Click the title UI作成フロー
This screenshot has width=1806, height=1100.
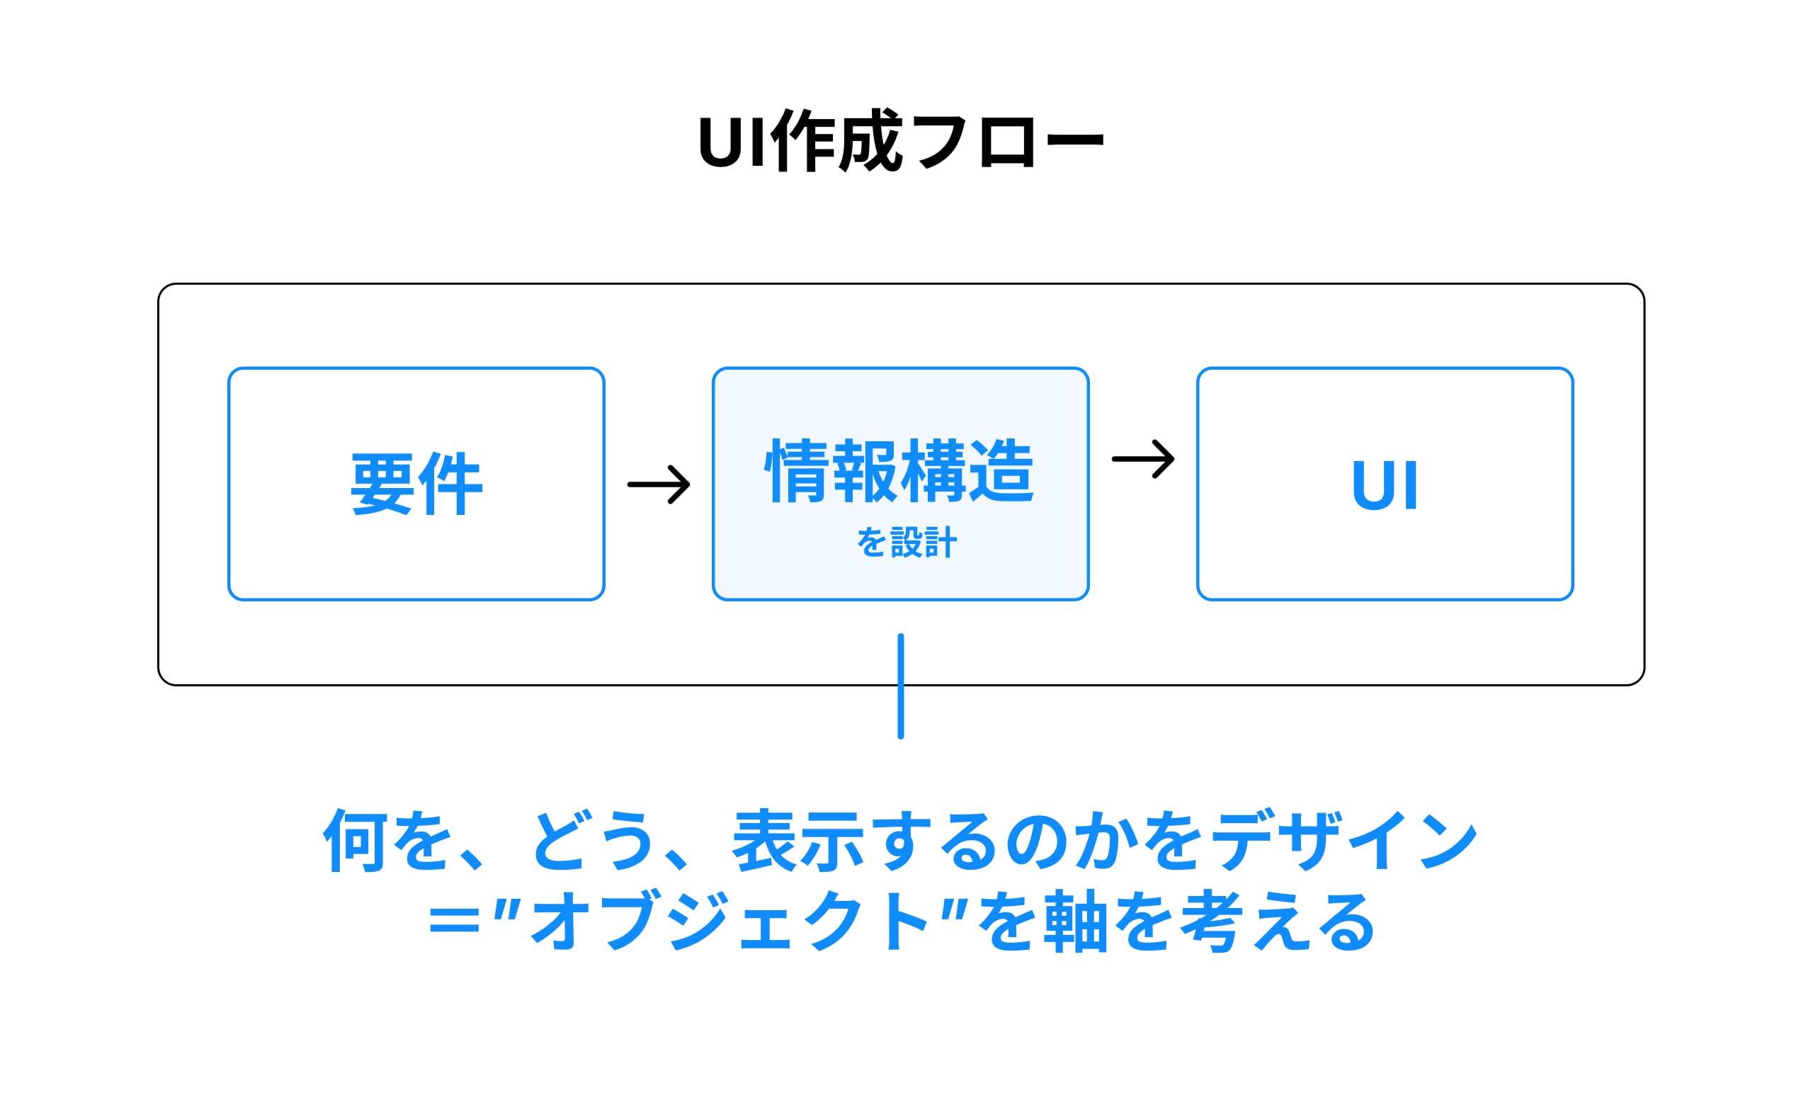pos(901,141)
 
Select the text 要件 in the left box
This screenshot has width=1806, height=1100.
pos(416,484)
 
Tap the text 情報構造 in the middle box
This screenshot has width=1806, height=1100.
pos(899,471)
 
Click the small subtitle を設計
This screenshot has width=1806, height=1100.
pos(906,543)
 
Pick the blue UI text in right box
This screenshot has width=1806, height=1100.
pos(1385,485)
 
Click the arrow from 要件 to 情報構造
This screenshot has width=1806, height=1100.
pos(658,484)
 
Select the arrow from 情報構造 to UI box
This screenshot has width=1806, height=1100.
pos(1142,459)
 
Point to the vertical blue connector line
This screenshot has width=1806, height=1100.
pos(901,686)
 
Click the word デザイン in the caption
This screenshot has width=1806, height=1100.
pos(1341,841)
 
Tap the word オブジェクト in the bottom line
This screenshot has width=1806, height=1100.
pos(729,921)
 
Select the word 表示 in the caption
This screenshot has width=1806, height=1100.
pos(799,841)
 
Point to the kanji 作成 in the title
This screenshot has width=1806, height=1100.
pos(836,141)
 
